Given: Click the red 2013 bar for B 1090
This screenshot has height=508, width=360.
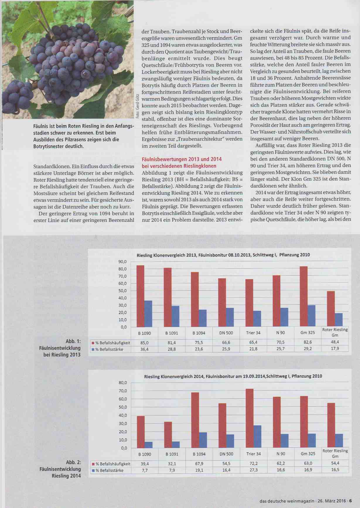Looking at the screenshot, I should (140, 296).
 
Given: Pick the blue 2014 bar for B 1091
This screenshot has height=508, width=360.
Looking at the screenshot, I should (176, 444).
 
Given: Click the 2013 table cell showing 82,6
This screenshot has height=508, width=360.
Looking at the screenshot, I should (308, 342).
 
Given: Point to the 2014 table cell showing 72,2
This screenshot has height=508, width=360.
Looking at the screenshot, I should (253, 463).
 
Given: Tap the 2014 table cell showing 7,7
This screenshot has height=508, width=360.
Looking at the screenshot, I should (145, 470).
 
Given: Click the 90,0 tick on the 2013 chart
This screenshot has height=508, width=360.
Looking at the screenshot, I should (122, 262).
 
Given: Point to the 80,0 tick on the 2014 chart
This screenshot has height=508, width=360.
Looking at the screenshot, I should (123, 383).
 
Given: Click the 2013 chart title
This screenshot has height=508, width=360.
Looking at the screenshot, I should (223, 255).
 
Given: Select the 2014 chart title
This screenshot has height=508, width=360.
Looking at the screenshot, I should (233, 376).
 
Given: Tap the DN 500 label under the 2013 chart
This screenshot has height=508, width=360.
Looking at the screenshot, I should (226, 333).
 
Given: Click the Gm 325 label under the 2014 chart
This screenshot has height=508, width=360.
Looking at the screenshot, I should (308, 454).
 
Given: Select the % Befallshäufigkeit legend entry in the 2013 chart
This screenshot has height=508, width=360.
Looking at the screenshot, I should (111, 343).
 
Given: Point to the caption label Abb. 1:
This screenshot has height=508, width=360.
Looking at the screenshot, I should (73, 341).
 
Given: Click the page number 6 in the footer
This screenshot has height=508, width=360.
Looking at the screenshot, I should (350, 501).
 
